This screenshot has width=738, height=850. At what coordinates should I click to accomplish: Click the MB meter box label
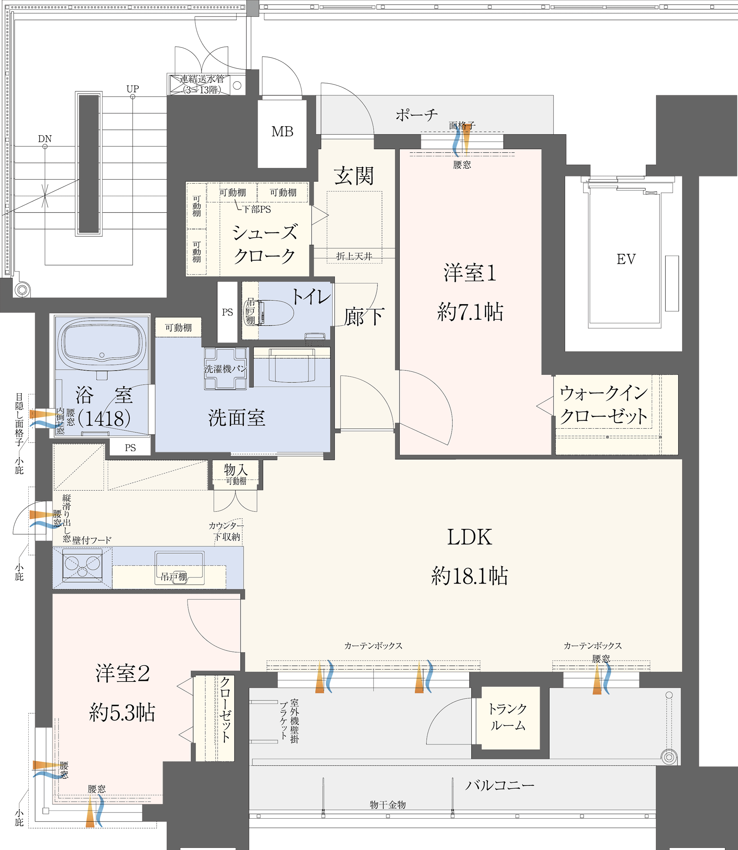click(x=282, y=132)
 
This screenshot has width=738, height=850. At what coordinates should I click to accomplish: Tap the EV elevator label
click(x=625, y=259)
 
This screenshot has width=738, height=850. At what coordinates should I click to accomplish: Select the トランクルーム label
click(x=508, y=717)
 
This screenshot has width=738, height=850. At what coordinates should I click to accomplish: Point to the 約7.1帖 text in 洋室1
click(x=470, y=312)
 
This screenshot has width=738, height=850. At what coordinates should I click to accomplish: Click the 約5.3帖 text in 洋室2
click(x=122, y=712)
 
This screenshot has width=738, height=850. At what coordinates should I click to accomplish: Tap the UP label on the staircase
click(x=133, y=89)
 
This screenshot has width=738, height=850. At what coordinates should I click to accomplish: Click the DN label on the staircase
click(x=45, y=139)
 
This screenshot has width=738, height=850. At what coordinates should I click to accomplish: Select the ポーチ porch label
click(x=416, y=115)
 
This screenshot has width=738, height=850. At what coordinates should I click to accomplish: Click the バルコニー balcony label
click(x=500, y=785)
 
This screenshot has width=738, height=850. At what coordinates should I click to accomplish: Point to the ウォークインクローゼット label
click(x=603, y=405)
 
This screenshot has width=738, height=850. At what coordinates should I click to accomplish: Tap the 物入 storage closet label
click(x=235, y=470)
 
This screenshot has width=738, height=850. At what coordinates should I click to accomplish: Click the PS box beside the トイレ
click(x=227, y=312)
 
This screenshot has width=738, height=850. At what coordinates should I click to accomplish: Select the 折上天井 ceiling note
click(x=354, y=256)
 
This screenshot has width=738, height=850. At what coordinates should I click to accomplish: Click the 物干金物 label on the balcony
click(x=388, y=805)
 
